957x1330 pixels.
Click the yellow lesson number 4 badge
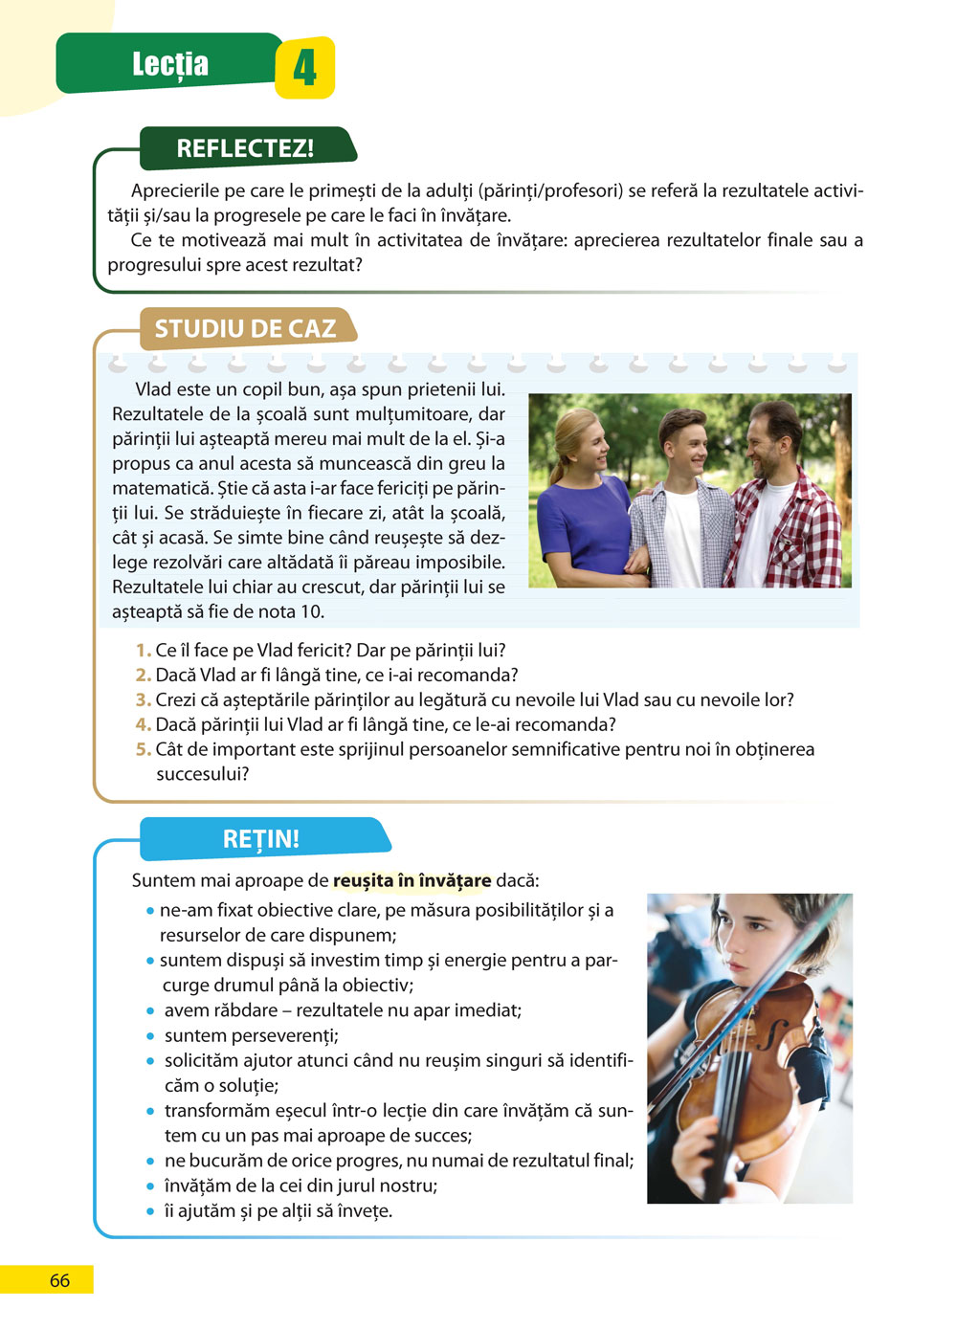point(304,68)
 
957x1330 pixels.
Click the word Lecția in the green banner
point(170,64)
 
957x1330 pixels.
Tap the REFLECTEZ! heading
point(245,148)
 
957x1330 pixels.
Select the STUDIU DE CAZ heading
point(245,329)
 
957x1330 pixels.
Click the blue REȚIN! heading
point(261,839)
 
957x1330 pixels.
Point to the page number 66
point(59,1280)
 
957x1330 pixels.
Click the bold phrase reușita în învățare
point(412,880)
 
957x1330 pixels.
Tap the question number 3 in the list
point(143,700)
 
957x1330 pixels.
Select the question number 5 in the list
point(143,750)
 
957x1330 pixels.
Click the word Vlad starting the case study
point(154,390)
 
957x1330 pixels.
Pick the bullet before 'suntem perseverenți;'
point(151,1036)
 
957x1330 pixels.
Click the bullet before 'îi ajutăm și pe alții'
point(151,1211)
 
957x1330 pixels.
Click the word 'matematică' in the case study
point(157,489)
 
